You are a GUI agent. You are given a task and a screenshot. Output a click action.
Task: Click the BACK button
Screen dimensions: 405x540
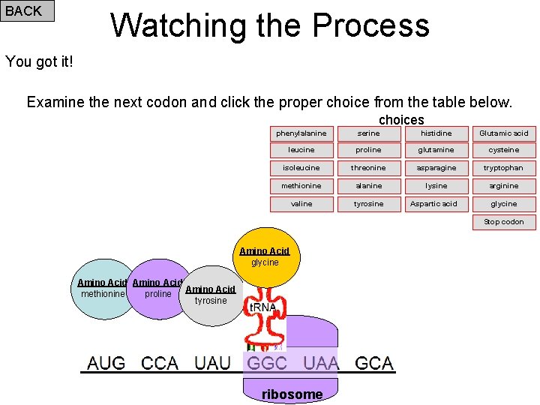27,11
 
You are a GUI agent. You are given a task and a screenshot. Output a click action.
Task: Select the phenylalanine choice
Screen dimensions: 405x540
301,133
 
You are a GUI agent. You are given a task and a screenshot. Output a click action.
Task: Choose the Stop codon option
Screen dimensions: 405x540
504,222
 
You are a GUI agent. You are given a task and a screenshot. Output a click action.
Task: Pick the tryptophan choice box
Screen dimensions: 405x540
504,168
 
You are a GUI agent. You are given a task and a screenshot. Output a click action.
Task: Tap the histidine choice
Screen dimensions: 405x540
436,133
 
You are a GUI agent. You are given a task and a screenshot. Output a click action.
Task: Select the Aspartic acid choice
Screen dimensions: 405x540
433,204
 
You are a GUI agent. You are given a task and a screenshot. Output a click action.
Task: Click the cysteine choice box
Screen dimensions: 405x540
504,150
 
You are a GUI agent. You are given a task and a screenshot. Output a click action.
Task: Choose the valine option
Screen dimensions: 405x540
301,204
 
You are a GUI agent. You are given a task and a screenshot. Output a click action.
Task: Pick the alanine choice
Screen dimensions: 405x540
369,186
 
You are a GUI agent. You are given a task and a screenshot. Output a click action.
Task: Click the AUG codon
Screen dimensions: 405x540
106,364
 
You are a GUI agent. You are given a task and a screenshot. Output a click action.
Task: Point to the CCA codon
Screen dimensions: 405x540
160,364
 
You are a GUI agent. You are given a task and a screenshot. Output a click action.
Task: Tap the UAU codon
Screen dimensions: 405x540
213,364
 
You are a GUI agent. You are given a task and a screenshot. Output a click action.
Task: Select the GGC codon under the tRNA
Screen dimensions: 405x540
267,364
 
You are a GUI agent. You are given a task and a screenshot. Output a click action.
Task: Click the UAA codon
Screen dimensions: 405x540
320,364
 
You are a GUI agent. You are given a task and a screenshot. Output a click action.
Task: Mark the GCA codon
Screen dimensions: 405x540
374,364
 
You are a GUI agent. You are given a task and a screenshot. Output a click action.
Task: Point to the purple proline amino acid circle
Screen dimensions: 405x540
157,290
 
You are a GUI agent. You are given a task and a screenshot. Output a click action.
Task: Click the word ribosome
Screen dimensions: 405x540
292,394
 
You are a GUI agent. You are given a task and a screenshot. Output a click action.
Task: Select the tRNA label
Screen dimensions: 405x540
263,307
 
